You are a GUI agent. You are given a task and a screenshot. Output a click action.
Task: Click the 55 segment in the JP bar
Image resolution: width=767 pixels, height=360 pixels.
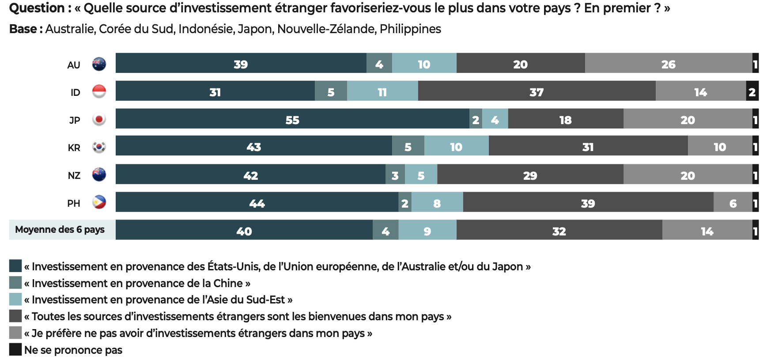point(292,119)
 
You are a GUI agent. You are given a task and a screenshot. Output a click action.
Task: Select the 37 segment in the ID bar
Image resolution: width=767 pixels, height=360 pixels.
point(537,91)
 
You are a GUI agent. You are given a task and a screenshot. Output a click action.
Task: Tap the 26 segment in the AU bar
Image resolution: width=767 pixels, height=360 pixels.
point(668,64)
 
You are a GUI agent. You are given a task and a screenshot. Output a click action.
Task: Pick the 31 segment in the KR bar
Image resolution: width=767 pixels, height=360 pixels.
point(588,146)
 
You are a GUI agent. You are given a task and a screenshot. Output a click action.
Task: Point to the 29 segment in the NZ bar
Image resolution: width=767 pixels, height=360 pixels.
point(530,175)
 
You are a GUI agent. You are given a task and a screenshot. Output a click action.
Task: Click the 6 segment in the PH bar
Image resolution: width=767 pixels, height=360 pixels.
point(733,203)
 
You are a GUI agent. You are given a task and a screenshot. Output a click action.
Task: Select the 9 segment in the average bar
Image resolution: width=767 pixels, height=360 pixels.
point(427,231)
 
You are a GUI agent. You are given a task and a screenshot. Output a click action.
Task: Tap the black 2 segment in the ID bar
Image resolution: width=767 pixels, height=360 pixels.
point(752,91)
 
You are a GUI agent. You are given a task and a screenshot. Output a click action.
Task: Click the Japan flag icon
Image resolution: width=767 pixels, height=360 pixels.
point(99,119)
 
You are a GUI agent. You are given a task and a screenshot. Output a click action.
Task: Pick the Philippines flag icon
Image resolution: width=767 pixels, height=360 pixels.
point(99,202)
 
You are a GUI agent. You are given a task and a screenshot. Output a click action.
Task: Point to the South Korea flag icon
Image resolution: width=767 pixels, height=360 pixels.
point(99,147)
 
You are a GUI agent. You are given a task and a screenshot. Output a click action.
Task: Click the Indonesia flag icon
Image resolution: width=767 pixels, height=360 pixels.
point(99,91)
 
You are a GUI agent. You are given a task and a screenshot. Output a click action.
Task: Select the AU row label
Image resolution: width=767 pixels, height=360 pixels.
point(74,65)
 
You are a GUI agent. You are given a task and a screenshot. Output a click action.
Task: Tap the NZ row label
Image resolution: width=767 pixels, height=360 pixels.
point(74,175)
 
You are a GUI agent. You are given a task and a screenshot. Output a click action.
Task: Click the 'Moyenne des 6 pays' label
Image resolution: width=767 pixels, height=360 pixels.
point(60,230)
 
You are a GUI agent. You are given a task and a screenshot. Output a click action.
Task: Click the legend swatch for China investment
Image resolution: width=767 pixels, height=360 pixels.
point(15,283)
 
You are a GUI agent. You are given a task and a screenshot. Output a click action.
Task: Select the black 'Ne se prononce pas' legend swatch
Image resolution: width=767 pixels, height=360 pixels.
point(15,349)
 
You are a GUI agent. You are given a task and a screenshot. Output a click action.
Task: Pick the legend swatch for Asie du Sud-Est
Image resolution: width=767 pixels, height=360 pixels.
point(15,299)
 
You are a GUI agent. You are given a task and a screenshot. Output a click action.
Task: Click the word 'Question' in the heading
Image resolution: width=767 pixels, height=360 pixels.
point(37,8)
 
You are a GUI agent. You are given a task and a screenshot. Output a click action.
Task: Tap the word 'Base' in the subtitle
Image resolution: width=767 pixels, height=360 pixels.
point(23,29)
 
